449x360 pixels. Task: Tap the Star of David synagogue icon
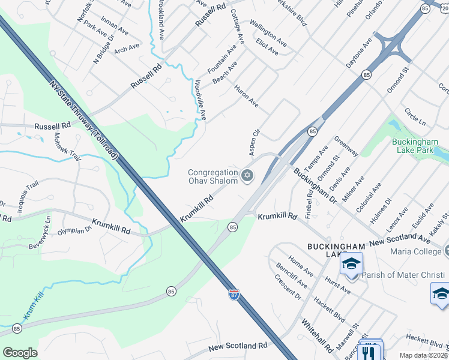(x=247, y=176)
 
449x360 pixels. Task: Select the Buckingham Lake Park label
(x=420, y=146)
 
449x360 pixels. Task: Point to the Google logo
(x=20, y=353)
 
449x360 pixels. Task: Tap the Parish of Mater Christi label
(x=404, y=275)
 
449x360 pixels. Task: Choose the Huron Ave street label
(x=246, y=96)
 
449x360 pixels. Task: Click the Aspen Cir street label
(x=255, y=140)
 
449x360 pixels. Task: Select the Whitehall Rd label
(x=318, y=336)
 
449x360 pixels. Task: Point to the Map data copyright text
(x=424, y=355)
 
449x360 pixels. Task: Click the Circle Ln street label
(x=415, y=116)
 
